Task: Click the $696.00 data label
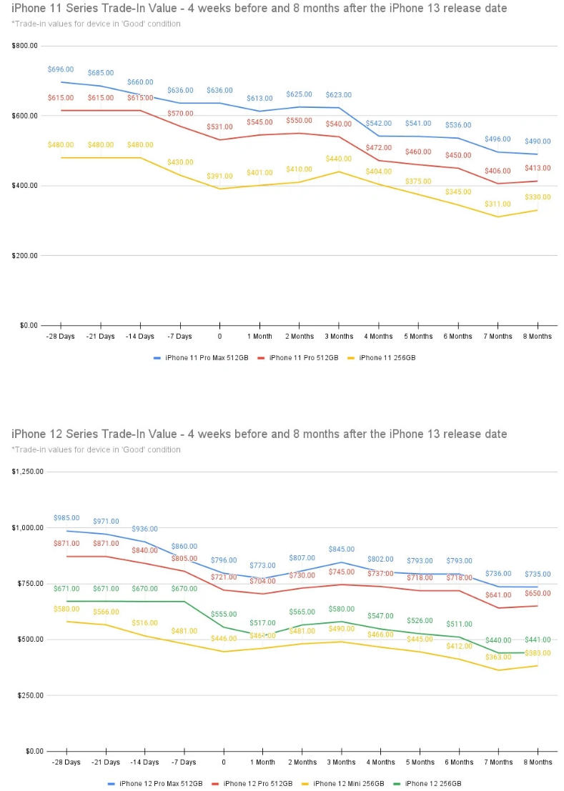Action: pyautogui.click(x=61, y=69)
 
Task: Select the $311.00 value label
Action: pyautogui.click(x=498, y=204)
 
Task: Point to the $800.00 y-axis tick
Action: pyautogui.click(x=25, y=46)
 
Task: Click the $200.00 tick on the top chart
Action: pyautogui.click(x=25, y=255)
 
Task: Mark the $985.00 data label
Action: pyautogui.click(x=66, y=518)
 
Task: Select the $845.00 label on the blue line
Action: pyautogui.click(x=341, y=549)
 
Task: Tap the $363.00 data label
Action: pyautogui.click(x=498, y=657)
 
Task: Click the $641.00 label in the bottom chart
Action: pyautogui.click(x=498, y=595)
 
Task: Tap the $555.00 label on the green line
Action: pyautogui.click(x=224, y=614)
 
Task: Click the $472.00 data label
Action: pyautogui.click(x=379, y=147)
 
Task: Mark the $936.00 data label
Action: pyautogui.click(x=144, y=529)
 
